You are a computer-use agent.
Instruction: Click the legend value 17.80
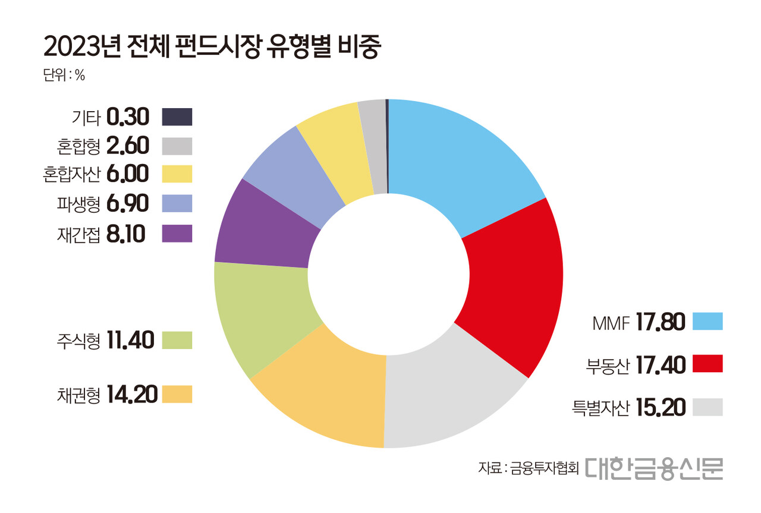click(x=660, y=322)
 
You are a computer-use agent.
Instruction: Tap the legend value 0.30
click(x=128, y=117)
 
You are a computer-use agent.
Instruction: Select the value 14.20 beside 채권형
click(x=132, y=394)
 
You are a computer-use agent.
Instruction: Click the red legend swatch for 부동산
click(x=707, y=364)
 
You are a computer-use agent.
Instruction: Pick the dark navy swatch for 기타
click(x=177, y=117)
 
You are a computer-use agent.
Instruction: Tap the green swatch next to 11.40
click(x=177, y=340)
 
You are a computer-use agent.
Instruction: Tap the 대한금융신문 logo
click(x=653, y=468)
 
